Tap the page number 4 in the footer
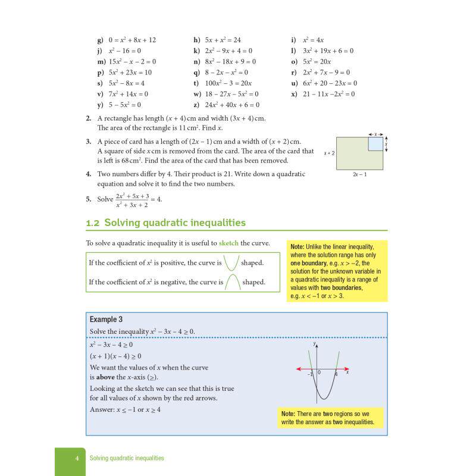click(77, 458)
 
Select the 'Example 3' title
click(107, 320)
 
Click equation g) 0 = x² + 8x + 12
click(126, 40)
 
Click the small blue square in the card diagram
click(375, 144)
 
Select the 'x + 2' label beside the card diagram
click(329, 154)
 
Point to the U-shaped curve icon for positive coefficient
click(231, 262)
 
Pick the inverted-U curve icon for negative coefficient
click(231, 282)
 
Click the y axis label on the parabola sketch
click(314, 344)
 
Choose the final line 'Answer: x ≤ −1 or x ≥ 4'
click(125, 409)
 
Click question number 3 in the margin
click(88, 141)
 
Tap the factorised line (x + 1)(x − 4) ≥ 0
click(115, 356)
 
